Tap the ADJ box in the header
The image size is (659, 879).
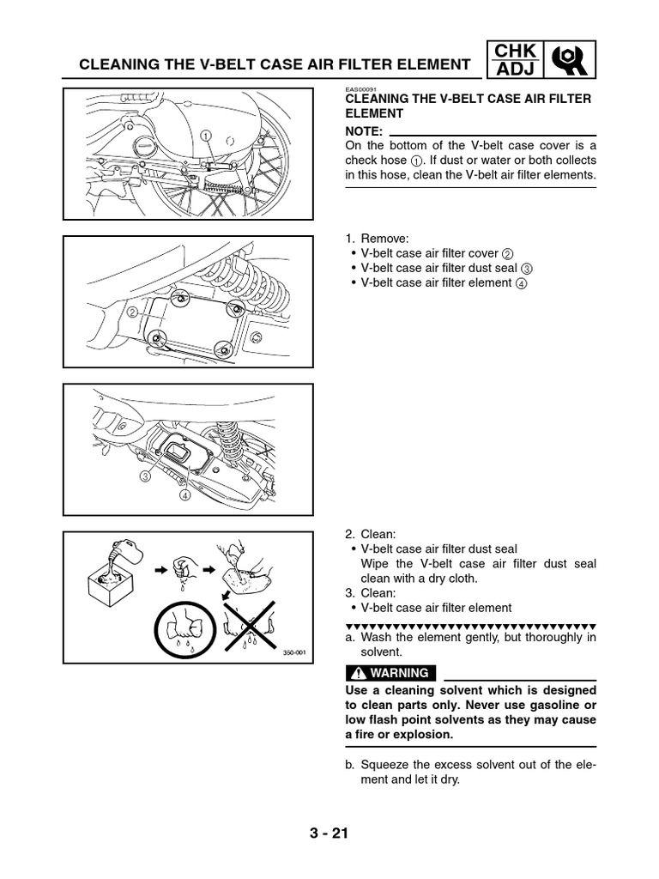click(514, 71)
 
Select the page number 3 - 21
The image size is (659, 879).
click(329, 833)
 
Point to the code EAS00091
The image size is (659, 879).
click(361, 90)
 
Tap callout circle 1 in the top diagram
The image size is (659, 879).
click(206, 135)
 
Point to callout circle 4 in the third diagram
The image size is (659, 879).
click(184, 495)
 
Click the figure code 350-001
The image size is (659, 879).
click(294, 652)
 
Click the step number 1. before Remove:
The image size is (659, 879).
click(350, 238)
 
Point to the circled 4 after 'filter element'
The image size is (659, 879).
click(521, 283)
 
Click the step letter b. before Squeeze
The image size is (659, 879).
click(350, 765)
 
